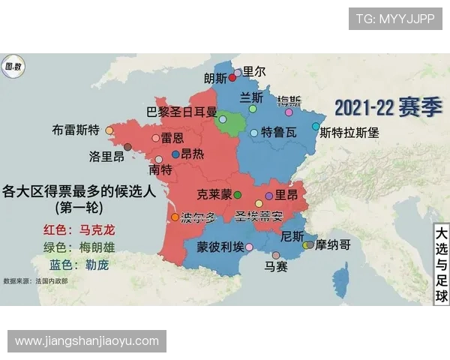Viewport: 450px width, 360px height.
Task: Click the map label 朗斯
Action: click(214, 78)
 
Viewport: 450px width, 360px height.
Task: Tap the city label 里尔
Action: click(254, 72)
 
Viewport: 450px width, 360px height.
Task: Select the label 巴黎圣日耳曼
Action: click(181, 112)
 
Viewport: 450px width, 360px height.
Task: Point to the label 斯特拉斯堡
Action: click(349, 133)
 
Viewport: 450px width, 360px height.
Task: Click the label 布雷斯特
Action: click(76, 129)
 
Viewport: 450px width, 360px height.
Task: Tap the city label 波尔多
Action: click(199, 217)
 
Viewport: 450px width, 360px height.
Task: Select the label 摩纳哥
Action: click(333, 244)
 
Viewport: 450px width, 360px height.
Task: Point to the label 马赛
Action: click(276, 266)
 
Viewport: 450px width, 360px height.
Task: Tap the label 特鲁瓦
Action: click(278, 133)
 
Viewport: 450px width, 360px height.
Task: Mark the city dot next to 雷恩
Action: click(156, 138)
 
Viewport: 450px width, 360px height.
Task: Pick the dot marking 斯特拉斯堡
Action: click(316, 126)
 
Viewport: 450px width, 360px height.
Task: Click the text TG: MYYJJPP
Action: click(394, 19)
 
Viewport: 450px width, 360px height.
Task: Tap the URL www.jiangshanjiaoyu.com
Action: click(87, 341)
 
